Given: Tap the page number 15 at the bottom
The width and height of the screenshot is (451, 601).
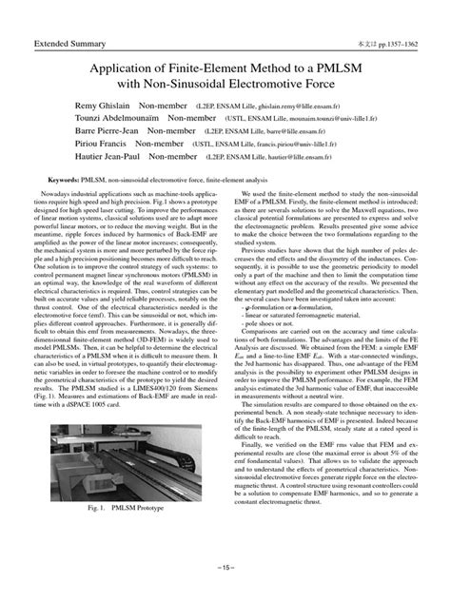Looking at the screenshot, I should point(225,580).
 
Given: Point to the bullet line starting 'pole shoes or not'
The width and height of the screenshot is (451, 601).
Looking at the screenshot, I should point(266,324).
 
